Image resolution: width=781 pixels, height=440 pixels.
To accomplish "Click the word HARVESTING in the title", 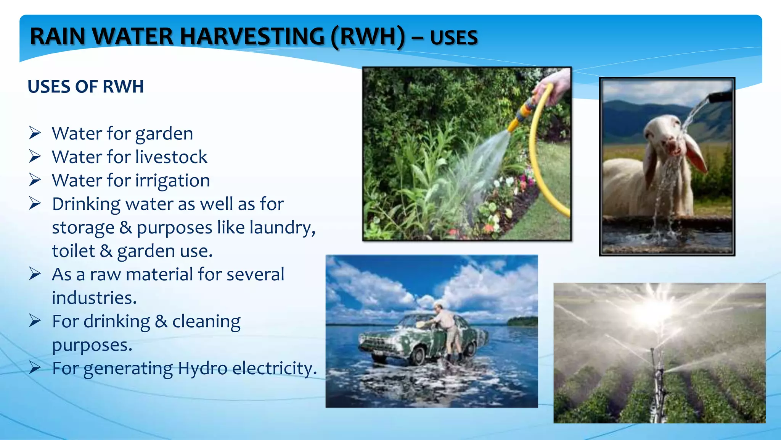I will (x=252, y=37).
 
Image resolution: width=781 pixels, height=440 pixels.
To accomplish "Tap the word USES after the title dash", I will (x=454, y=38).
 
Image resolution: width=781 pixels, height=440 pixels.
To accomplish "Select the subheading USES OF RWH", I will (x=86, y=87).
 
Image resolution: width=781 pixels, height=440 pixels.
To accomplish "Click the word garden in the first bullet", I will (x=164, y=134).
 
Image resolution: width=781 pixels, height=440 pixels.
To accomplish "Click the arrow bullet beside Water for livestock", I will (x=35, y=157).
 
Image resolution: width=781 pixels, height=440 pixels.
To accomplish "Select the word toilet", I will (x=73, y=251).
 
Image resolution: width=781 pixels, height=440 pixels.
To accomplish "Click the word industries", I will (x=94, y=298).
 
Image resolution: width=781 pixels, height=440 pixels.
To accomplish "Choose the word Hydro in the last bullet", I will (x=202, y=369).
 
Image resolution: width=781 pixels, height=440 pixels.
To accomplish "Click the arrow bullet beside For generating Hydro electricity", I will (x=35, y=368).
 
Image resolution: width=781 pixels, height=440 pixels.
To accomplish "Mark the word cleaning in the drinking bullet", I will (x=206, y=322).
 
